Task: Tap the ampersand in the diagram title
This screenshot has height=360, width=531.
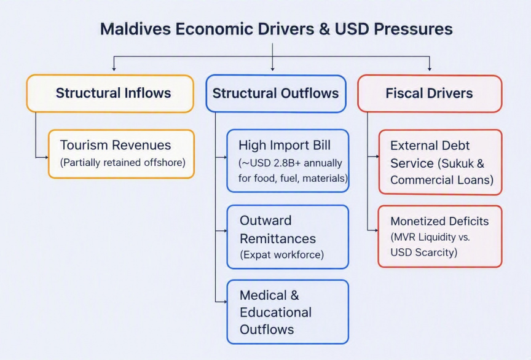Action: (324, 29)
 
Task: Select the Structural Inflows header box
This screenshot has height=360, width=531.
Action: (110, 93)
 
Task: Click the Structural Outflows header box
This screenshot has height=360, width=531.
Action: (276, 94)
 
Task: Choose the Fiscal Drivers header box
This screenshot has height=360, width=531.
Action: (430, 94)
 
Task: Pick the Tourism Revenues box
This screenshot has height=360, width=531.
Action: (121, 154)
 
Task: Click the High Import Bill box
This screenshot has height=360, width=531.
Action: (288, 161)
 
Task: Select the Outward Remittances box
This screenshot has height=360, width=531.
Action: (288, 237)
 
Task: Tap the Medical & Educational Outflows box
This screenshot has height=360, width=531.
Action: (288, 312)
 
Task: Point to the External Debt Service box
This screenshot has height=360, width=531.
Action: (440, 162)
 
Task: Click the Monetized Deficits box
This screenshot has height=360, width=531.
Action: (440, 237)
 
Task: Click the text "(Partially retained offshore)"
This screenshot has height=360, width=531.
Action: (122, 163)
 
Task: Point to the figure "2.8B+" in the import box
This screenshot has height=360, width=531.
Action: (287, 163)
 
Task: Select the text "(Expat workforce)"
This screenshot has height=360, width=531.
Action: (281, 255)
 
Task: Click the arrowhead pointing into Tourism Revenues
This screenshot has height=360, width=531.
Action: (46, 157)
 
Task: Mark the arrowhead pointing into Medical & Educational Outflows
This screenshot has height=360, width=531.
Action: (225, 302)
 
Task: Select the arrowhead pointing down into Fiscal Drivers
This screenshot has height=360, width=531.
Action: (430, 69)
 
